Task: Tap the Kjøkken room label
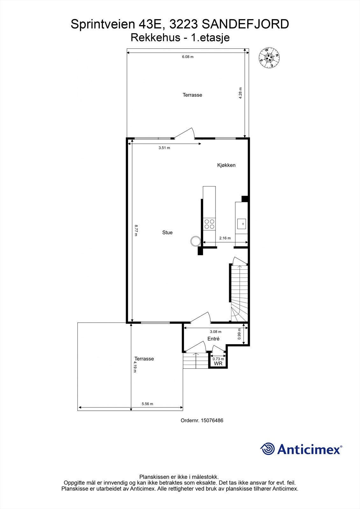click(x=226, y=165)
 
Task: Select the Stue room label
click(x=167, y=233)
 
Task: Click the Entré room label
click(x=213, y=339)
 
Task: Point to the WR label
click(x=218, y=363)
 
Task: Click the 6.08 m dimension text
click(x=188, y=57)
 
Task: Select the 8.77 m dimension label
click(x=136, y=230)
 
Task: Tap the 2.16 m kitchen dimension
click(x=225, y=238)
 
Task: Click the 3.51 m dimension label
click(x=164, y=148)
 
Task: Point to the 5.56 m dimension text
click(x=147, y=404)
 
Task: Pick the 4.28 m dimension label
click(x=241, y=93)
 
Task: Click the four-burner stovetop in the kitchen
click(x=209, y=224)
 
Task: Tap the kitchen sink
click(x=242, y=224)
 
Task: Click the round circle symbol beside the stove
click(x=195, y=241)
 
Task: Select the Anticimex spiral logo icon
click(x=267, y=449)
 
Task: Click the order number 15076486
click(x=211, y=420)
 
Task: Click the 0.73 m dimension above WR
click(x=218, y=359)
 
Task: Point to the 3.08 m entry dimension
click(x=215, y=331)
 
